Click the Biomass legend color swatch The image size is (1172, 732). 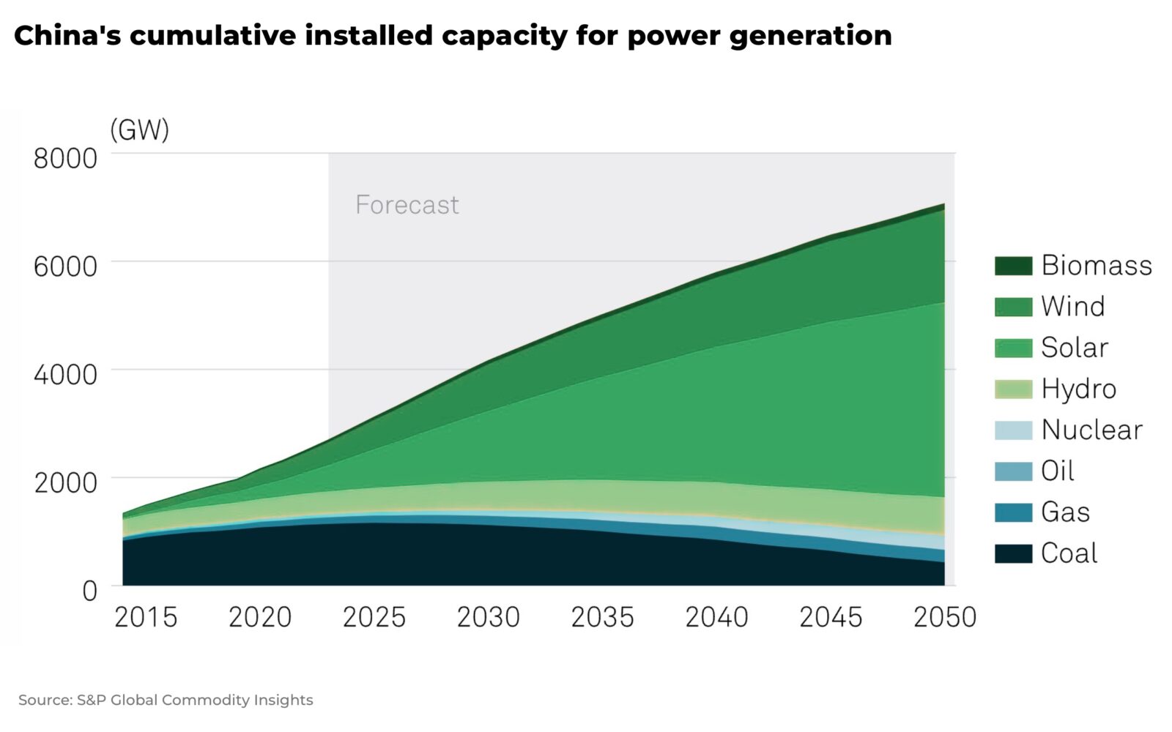pyautogui.click(x=1013, y=266)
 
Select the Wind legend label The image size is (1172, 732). pyautogui.click(x=1072, y=307)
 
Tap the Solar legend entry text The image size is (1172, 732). pyautogui.click(x=1074, y=348)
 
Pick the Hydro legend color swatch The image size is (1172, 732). pyautogui.click(x=1013, y=389)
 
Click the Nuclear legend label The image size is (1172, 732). pyautogui.click(x=1091, y=430)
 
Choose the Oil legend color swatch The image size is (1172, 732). pyautogui.click(x=1013, y=471)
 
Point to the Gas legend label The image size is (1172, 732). pyautogui.click(x=1065, y=512)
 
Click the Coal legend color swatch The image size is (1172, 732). pyautogui.click(x=1013, y=553)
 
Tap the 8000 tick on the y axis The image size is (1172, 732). pyautogui.click(x=65, y=158)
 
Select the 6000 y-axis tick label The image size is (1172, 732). pyautogui.click(x=65, y=266)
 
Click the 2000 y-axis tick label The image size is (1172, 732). pyautogui.click(x=65, y=482)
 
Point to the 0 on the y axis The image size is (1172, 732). pyautogui.click(x=89, y=590)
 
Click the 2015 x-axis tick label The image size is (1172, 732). pyautogui.click(x=146, y=618)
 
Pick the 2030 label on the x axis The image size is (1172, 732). pyautogui.click(x=488, y=618)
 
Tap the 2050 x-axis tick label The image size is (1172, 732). pyautogui.click(x=944, y=618)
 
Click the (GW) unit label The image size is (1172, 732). pyautogui.click(x=139, y=130)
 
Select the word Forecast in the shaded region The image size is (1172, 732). pyautogui.click(x=407, y=205)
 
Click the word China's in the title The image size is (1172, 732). pyautogui.click(x=67, y=35)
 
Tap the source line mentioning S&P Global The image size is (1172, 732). pyautogui.click(x=166, y=700)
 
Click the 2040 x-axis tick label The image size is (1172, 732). pyautogui.click(x=716, y=618)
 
